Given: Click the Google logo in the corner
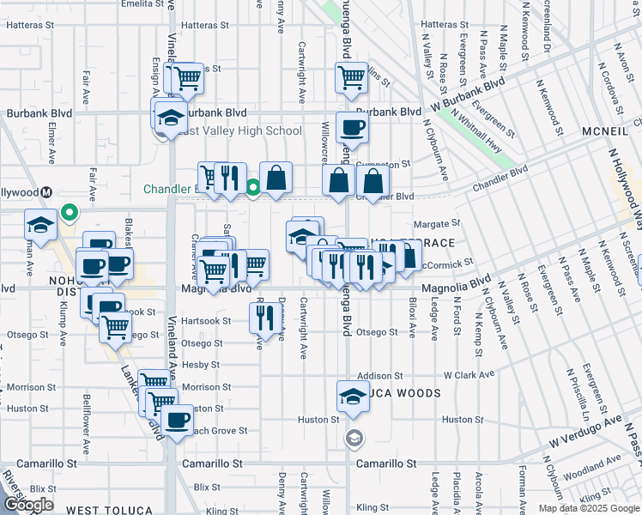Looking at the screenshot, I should click(x=28, y=505).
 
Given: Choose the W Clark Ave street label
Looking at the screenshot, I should click(x=469, y=375).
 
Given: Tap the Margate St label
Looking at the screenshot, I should click(x=443, y=223).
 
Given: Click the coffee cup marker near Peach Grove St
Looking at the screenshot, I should click(x=177, y=421).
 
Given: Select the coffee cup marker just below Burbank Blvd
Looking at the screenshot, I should click(x=352, y=129).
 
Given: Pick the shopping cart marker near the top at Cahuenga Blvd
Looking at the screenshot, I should click(x=352, y=78).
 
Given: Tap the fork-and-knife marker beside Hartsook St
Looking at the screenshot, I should click(x=262, y=319).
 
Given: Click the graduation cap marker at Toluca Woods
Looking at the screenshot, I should click(x=352, y=397).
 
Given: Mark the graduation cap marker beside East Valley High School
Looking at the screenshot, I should click(x=171, y=117).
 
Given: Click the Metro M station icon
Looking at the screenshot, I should click(x=48, y=193).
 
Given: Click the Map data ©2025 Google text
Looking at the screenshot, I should click(x=589, y=508).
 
